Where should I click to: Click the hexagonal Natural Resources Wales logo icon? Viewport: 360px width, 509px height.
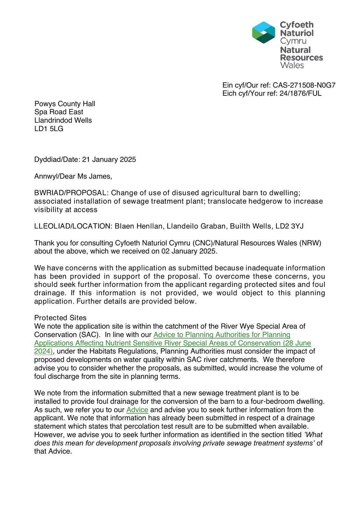[263, 32]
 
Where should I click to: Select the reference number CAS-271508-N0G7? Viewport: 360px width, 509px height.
[304, 85]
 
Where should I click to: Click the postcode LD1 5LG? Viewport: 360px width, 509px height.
[49, 129]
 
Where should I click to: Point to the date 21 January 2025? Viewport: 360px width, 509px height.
[109, 159]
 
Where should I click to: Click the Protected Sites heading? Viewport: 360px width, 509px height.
[60, 318]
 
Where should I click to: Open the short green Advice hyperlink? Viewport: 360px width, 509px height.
[137, 410]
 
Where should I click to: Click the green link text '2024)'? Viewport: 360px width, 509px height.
[43, 351]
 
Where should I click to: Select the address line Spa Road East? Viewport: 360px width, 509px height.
[59, 112]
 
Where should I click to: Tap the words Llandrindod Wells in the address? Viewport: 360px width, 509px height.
[63, 120]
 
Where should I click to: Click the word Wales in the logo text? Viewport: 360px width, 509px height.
[292, 66]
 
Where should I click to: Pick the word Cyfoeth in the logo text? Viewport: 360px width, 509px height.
[296, 25]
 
